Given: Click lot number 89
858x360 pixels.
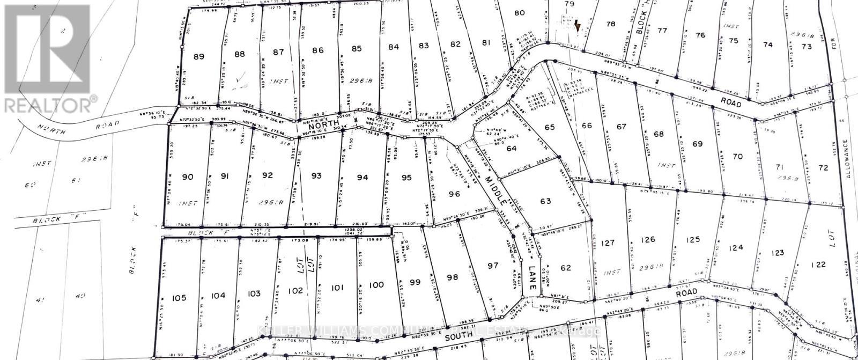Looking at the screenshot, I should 198,56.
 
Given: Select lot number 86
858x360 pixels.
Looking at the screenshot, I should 318,50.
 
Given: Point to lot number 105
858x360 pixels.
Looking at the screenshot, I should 179,298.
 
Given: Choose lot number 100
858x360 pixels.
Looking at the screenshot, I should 376,284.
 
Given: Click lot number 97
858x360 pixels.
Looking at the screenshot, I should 493,266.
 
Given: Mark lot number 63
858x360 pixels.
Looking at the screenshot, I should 545,202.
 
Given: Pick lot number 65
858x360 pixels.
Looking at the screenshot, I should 549,127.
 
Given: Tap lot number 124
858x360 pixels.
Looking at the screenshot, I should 737,247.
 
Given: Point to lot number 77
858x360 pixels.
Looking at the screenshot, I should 662,31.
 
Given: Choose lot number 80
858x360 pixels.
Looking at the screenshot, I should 519,13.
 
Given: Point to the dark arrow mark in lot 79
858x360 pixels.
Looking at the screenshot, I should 577,25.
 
